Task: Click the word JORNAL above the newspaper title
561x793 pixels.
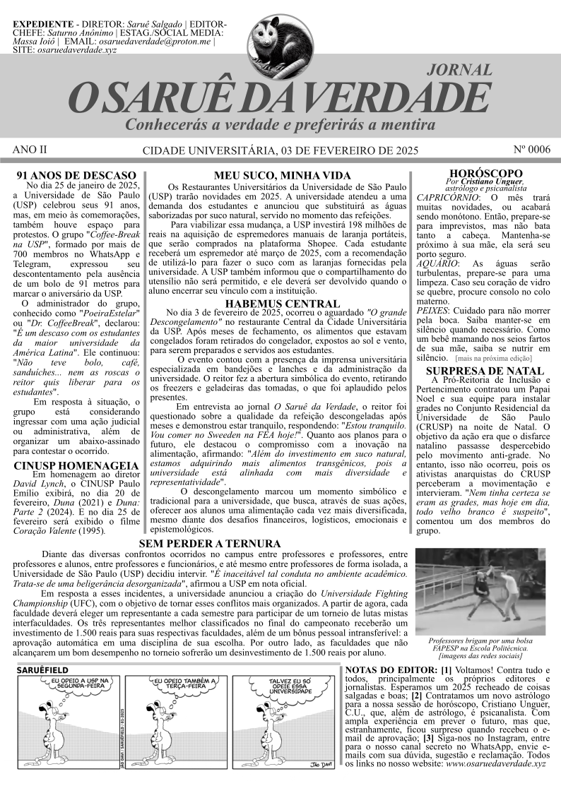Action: coord(460,70)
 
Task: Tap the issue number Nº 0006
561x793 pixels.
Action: coord(530,150)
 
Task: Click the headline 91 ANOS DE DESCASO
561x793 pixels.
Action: coord(76,174)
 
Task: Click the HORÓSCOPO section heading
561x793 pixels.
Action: coord(485,174)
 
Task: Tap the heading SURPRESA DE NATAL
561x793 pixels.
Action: coord(485,369)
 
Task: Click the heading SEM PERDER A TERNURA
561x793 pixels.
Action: coord(210,544)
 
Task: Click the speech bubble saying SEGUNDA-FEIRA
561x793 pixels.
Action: coord(75,684)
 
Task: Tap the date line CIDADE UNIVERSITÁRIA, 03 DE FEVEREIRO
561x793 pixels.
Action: coord(280,150)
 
